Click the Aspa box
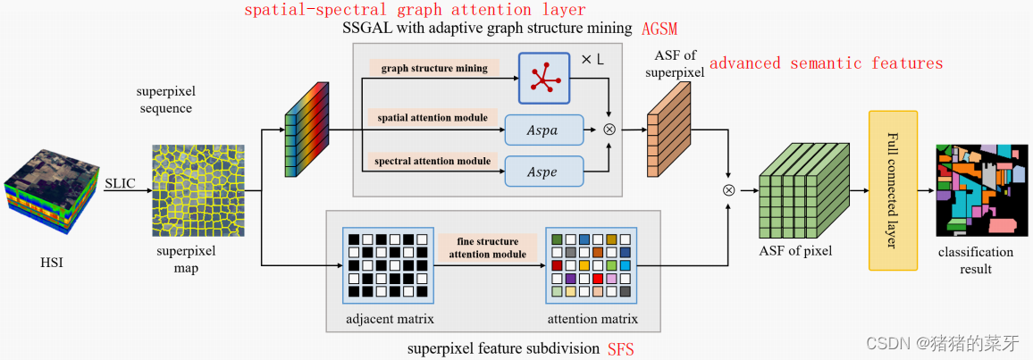543,130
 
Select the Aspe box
543,170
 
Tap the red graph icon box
543,78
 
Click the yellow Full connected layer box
893,190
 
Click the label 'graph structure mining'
434,68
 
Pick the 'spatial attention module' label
433,117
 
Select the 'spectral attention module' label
433,161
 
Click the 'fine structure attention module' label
487,247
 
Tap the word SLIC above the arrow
121,183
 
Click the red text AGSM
659,29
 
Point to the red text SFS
621,348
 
